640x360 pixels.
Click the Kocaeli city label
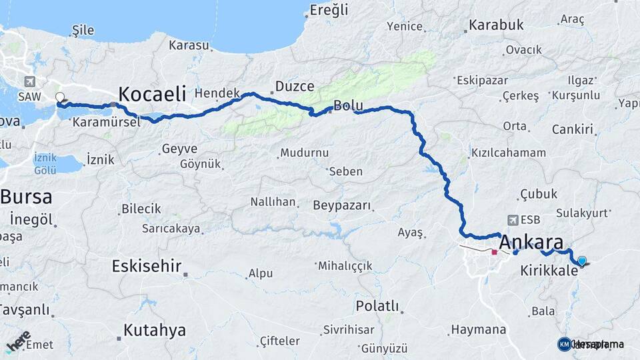(x=152, y=93)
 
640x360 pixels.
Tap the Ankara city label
(x=531, y=242)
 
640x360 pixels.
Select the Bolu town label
(x=348, y=105)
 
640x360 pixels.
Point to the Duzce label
(x=295, y=86)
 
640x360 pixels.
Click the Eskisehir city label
(x=147, y=267)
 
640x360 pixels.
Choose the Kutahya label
(x=154, y=330)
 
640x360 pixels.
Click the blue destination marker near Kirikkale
(x=582, y=261)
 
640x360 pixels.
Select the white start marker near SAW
(x=59, y=97)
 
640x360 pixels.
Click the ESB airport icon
(x=512, y=219)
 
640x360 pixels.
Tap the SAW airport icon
(x=29, y=81)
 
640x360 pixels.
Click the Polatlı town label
(x=377, y=307)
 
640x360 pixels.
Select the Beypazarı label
(x=341, y=205)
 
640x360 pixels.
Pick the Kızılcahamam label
(x=508, y=153)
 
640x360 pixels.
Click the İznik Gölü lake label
(x=46, y=164)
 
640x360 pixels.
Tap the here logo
(x=18, y=340)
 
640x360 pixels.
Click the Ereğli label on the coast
(x=329, y=9)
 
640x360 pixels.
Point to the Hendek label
(x=217, y=93)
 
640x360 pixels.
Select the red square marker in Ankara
(x=494, y=252)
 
